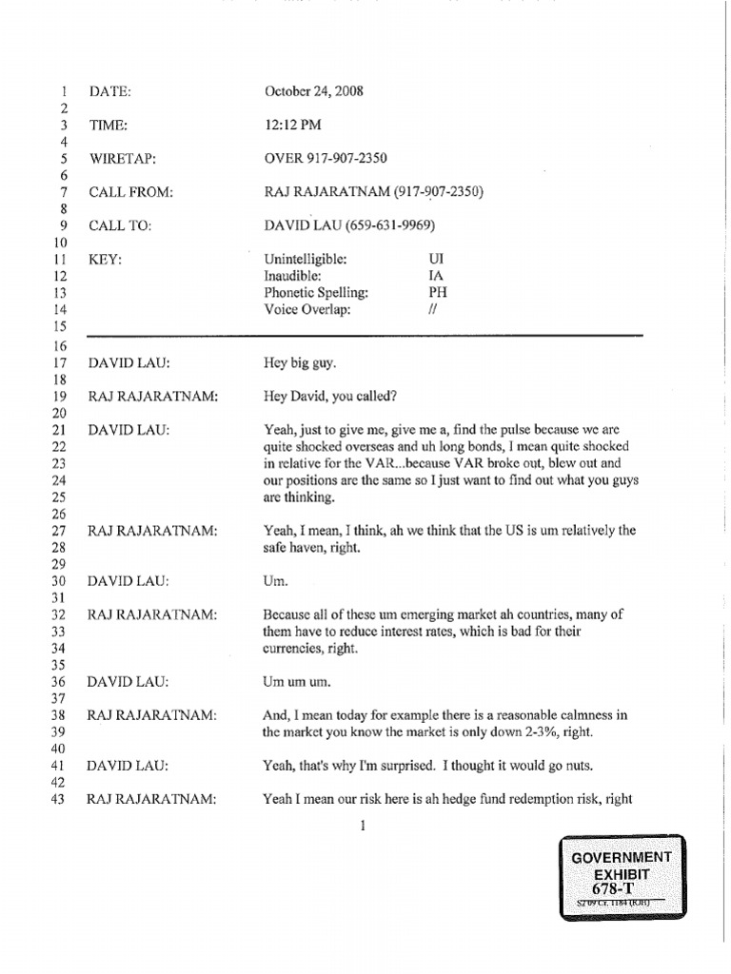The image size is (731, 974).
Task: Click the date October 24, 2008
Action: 313,92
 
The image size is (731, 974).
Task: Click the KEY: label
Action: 106,259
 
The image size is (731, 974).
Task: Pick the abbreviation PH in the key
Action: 438,293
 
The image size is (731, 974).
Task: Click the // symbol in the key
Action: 433,310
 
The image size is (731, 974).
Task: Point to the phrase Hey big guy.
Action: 295,362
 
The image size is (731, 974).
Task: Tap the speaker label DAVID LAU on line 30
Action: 128,581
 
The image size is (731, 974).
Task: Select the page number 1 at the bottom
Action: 364,827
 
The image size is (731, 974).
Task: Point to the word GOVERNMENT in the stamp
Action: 621,857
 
